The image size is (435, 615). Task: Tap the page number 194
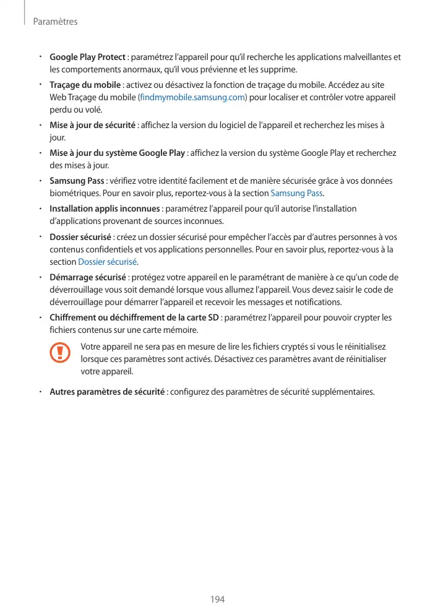click(x=217, y=600)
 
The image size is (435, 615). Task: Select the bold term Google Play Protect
click(x=87, y=58)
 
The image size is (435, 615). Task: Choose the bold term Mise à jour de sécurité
click(x=92, y=126)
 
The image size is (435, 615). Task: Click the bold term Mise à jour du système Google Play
click(x=117, y=153)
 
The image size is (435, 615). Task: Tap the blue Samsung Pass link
click(x=297, y=192)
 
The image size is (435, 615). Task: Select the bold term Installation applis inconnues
click(x=105, y=209)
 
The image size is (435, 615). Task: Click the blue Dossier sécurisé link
click(x=108, y=260)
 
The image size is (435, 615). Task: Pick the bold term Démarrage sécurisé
click(x=88, y=277)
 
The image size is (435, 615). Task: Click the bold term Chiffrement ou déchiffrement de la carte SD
click(x=134, y=317)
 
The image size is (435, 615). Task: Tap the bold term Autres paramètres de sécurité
click(x=106, y=392)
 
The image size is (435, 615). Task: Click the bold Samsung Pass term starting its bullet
click(x=76, y=181)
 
